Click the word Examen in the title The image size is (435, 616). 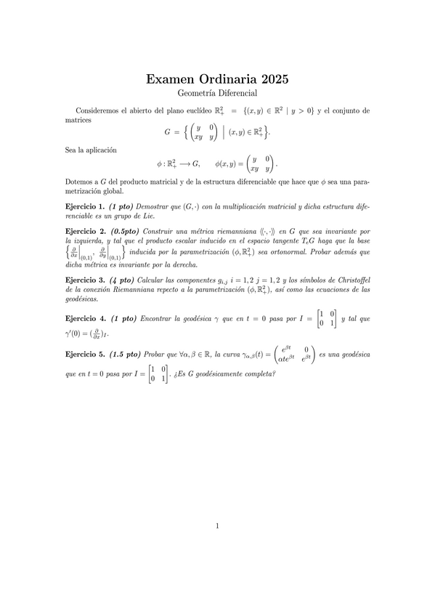coord(171,79)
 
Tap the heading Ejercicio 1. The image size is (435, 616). coord(85,208)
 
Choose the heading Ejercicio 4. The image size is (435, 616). coord(85,318)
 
